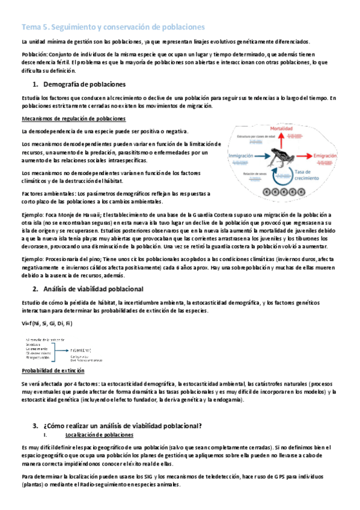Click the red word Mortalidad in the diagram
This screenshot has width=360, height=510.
click(x=281, y=129)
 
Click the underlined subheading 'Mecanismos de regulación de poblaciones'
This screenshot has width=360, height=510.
click(x=73, y=118)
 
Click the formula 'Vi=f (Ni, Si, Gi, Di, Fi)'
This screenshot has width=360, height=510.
click(x=46, y=324)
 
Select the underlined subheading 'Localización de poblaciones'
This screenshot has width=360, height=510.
click(x=99, y=434)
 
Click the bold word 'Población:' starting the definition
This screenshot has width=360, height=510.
click(x=34, y=54)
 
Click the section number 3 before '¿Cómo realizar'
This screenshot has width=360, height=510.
click(x=35, y=426)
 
